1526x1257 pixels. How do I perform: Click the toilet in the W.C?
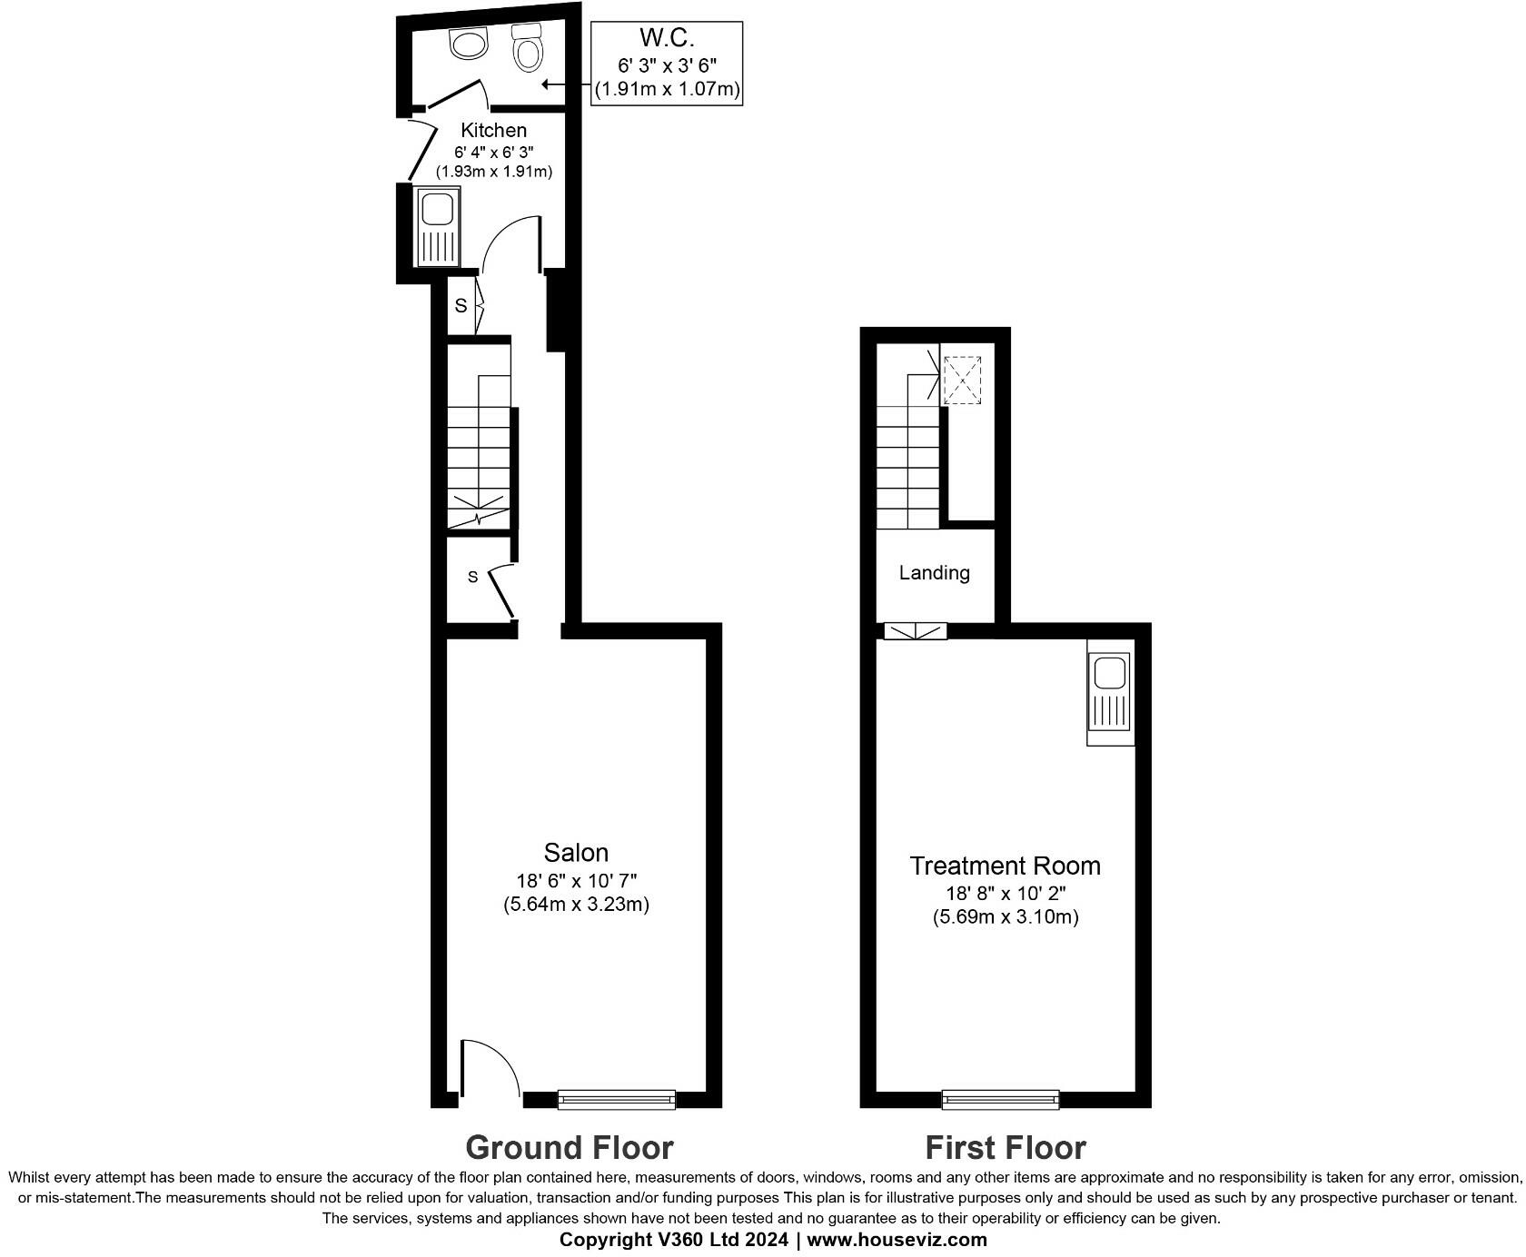click(528, 48)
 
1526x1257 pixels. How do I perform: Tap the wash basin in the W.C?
click(470, 43)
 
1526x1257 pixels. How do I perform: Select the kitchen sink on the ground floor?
click(438, 226)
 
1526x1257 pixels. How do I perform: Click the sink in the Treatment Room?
click(1110, 692)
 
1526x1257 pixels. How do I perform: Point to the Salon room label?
click(576, 853)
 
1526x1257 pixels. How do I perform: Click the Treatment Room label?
click(1005, 866)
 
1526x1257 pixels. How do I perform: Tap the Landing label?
click(934, 573)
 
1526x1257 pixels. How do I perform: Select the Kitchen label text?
click(493, 130)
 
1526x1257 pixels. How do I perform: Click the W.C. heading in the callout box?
click(667, 38)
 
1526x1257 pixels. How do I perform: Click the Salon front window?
click(616, 1099)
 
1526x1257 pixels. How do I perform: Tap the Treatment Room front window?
click(1000, 1099)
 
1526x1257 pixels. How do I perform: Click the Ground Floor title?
click(569, 1148)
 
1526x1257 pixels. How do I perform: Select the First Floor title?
click(1005, 1148)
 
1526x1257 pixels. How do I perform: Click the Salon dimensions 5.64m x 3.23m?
click(576, 905)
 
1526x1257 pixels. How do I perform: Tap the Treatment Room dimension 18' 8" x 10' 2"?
click(1005, 894)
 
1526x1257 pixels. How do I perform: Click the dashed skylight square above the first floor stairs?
click(962, 380)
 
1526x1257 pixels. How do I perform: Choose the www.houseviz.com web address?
click(897, 1240)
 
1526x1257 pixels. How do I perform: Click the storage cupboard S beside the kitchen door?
click(461, 306)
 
